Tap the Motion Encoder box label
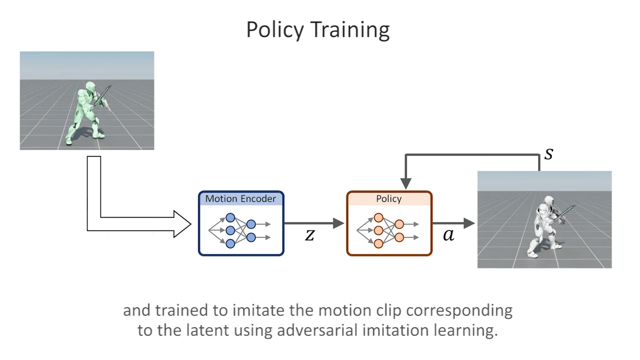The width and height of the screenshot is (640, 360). point(240,198)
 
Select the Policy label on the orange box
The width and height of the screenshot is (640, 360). point(389,199)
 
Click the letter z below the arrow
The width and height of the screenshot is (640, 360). point(309,235)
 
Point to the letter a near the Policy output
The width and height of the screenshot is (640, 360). point(448,235)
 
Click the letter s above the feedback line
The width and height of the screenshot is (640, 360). point(548,153)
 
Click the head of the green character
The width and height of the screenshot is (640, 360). point(90,87)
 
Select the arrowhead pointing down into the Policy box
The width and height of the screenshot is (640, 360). point(405,183)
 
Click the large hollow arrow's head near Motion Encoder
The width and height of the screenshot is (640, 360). point(182,224)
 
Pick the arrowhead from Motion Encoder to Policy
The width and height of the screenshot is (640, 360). point(338,223)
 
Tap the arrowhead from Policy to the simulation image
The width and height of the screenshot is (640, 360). point(469,223)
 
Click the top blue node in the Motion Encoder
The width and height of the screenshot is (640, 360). point(230,217)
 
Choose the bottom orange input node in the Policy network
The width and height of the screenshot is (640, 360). point(378,243)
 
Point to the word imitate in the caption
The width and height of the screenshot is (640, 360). point(259,310)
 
